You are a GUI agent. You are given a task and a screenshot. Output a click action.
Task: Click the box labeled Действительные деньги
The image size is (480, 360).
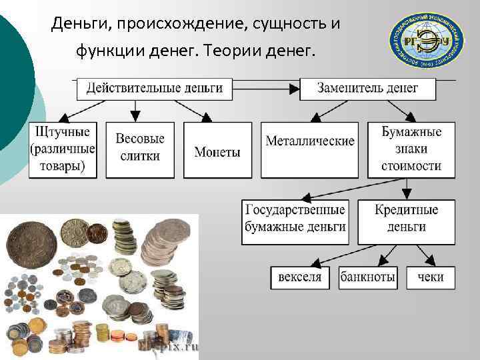(155, 88)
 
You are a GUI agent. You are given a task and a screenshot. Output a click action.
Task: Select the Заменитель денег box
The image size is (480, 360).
(367, 88)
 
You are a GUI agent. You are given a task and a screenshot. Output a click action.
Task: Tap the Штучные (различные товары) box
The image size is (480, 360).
(63, 149)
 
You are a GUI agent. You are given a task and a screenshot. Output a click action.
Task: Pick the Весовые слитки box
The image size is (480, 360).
(140, 149)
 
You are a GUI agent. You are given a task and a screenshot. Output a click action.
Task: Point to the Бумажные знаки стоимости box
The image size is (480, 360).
(411, 149)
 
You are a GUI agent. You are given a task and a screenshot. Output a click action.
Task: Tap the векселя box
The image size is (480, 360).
(300, 277)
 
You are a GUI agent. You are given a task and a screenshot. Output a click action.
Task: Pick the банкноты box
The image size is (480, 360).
(368, 277)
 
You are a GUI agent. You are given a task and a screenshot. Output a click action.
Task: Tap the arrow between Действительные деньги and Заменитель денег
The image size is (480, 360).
(266, 88)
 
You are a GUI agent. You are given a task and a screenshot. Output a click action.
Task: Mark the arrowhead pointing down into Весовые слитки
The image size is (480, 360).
(137, 115)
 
